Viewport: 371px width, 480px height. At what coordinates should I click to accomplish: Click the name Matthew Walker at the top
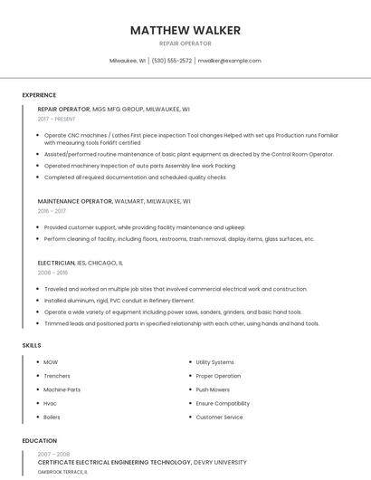185,31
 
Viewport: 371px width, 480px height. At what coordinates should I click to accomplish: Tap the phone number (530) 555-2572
172,61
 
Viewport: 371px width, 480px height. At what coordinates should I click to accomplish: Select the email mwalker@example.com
229,61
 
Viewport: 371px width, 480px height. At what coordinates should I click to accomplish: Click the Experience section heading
39,95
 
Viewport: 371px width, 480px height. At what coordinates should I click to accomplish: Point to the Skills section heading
32,345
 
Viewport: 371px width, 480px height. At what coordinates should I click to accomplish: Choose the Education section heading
39,441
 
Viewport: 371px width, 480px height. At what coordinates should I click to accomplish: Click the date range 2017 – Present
57,119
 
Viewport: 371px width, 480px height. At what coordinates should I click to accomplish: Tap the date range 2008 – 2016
53,272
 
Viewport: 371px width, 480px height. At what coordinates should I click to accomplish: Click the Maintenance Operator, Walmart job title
114,201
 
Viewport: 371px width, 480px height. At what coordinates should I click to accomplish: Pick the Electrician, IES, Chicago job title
81,263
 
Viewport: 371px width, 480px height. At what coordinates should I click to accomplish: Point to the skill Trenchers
56,376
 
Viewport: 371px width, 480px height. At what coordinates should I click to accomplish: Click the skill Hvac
50,403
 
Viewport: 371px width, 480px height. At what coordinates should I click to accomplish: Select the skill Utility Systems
214,362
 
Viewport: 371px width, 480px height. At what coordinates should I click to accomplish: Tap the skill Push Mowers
213,389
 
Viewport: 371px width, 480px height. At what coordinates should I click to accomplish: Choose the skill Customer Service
219,417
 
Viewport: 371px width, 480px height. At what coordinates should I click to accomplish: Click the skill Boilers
52,417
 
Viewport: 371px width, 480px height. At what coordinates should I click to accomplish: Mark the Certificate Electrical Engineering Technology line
141,462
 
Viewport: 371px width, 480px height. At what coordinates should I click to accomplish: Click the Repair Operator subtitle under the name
185,43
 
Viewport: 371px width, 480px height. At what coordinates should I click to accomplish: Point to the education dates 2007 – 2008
53,454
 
